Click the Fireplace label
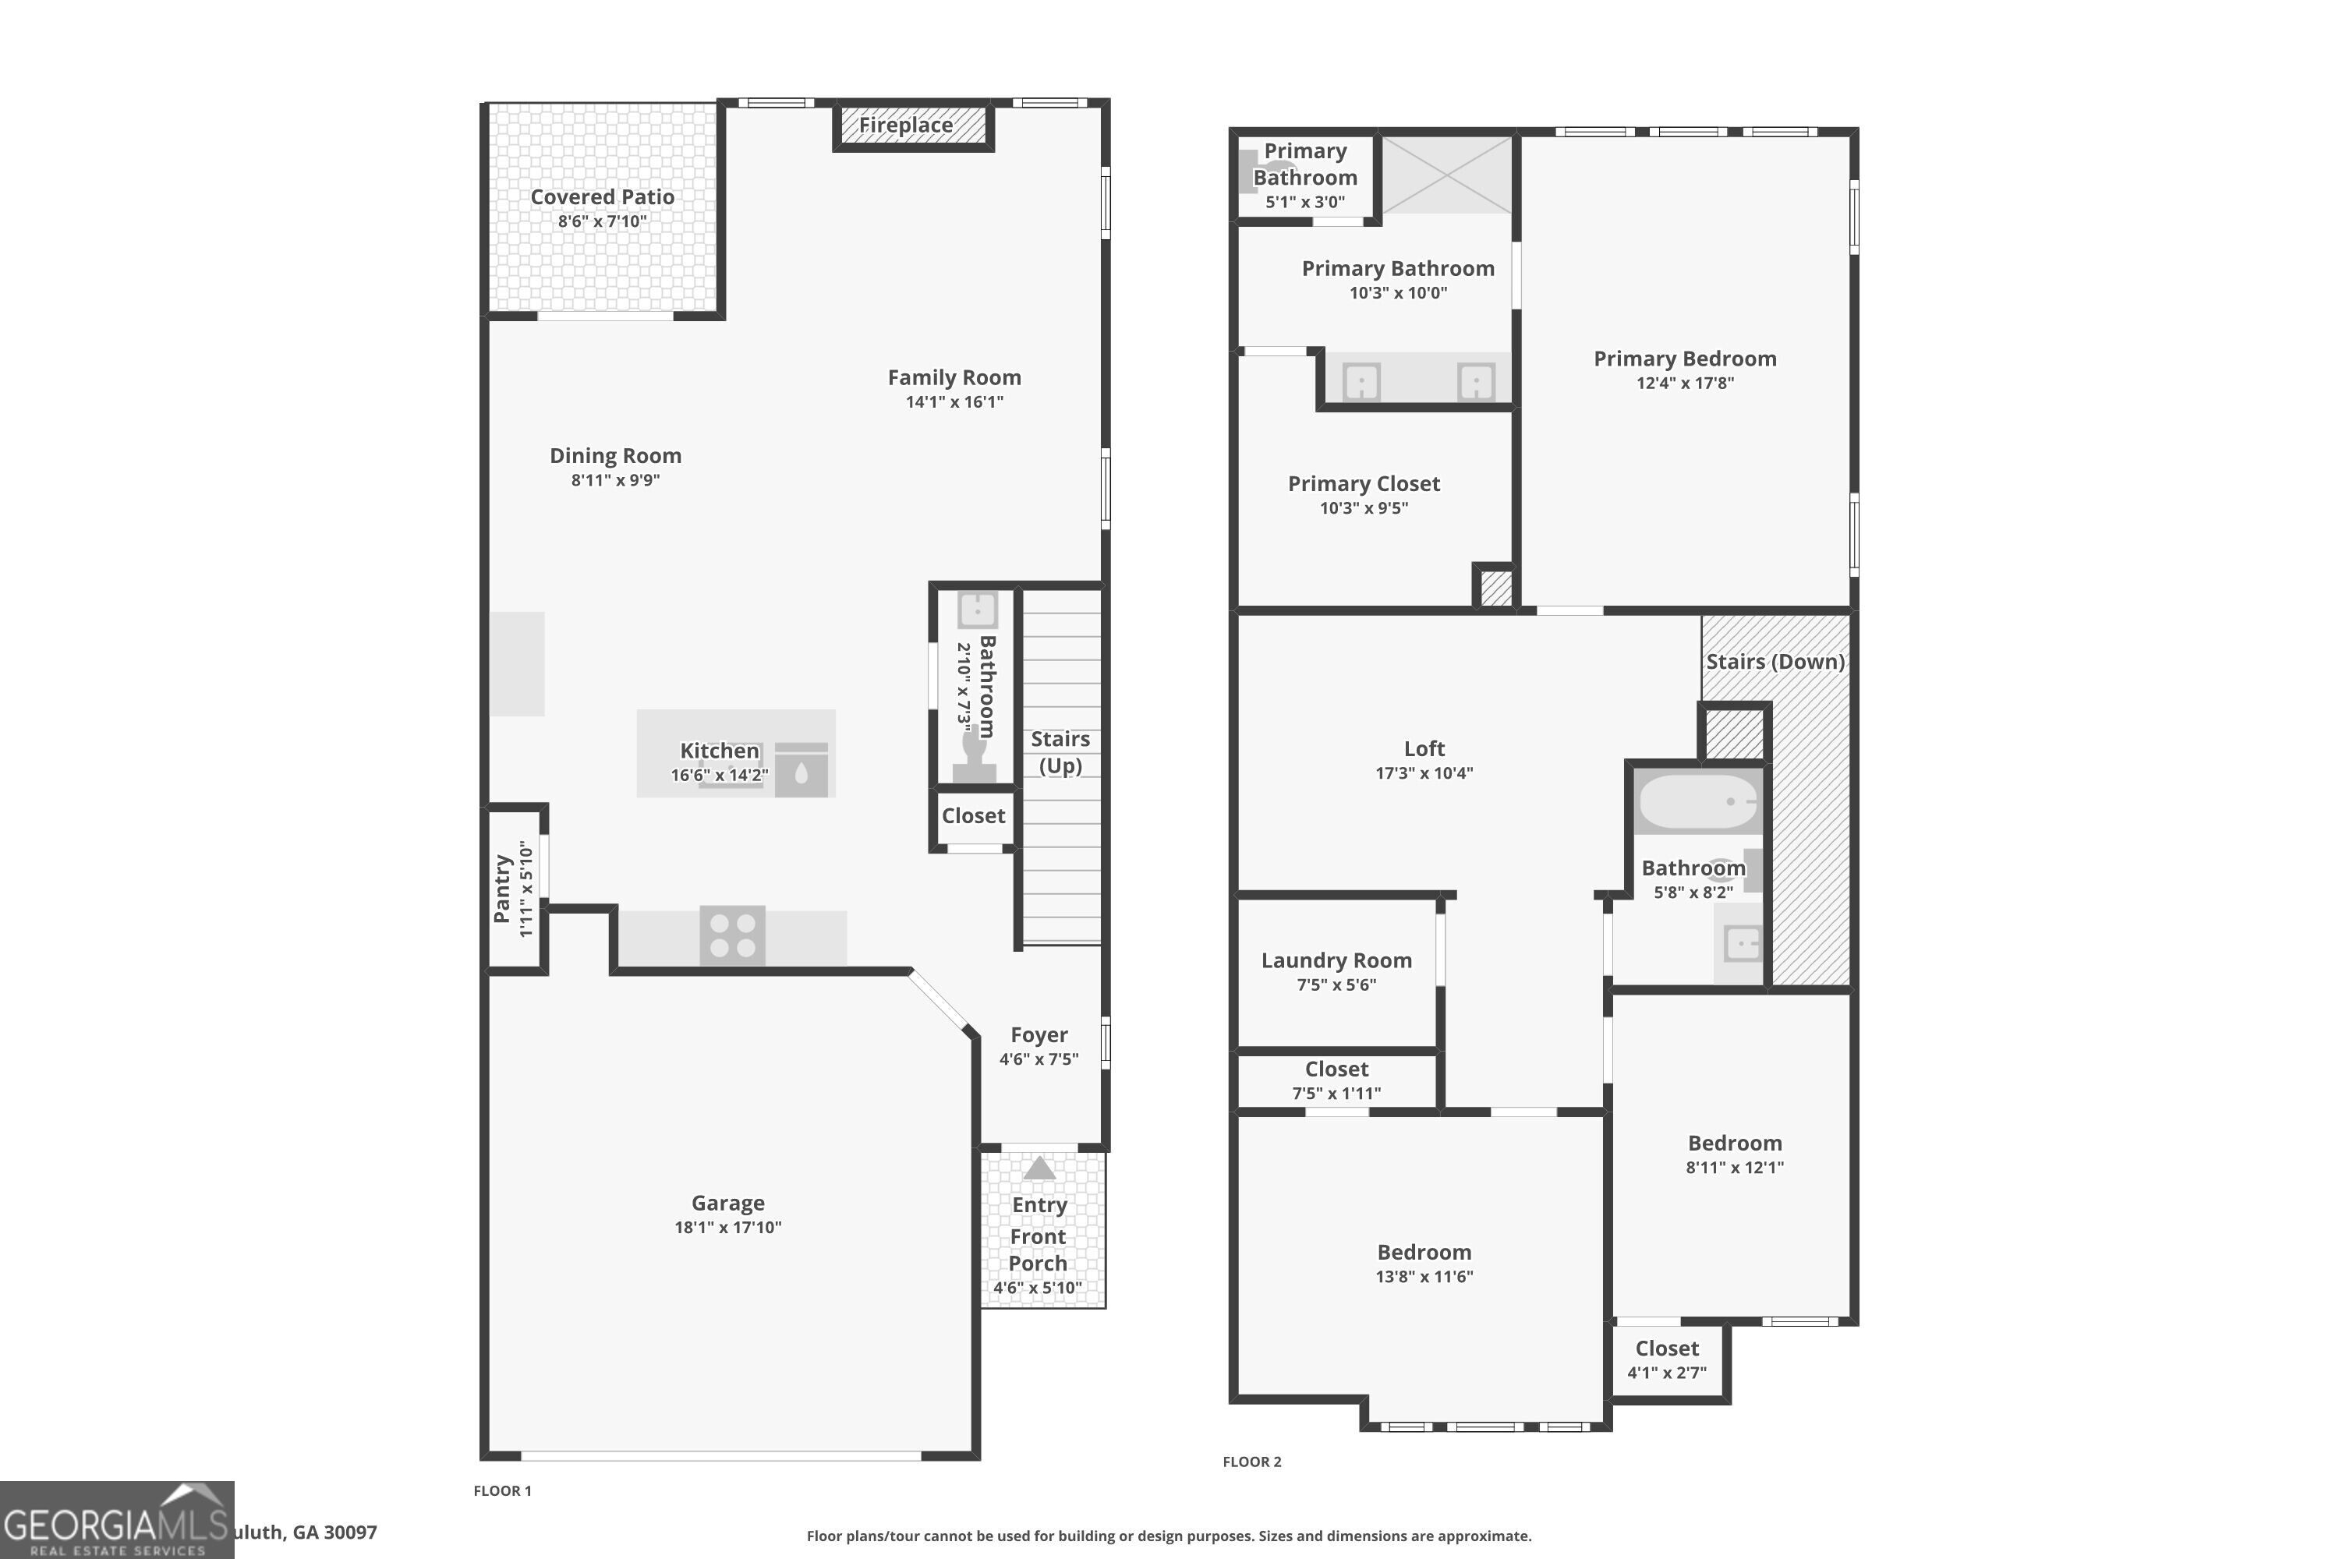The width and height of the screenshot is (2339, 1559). click(905, 125)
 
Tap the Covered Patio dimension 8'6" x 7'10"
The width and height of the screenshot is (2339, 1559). click(603, 221)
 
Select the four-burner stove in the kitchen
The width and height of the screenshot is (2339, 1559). click(733, 935)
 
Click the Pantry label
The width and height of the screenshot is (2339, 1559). click(502, 889)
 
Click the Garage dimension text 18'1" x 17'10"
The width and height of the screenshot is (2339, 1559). click(728, 1228)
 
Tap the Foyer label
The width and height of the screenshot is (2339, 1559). click(1039, 1035)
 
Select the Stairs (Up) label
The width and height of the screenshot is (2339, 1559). click(1060, 751)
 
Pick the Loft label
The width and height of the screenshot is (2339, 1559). click(1424, 748)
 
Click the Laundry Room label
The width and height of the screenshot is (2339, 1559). click(1336, 960)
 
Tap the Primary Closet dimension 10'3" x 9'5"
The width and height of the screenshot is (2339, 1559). click(1364, 508)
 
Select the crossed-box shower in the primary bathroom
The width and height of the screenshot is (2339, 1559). click(1447, 175)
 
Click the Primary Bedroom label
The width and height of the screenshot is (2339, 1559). click(1686, 359)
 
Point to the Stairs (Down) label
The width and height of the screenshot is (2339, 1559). click(1776, 662)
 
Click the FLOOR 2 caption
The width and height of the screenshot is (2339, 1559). click(1252, 1462)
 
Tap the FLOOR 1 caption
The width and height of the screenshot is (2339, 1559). click(502, 1490)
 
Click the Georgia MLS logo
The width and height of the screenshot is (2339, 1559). click(116, 1520)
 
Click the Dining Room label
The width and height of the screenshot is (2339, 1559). click(616, 456)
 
